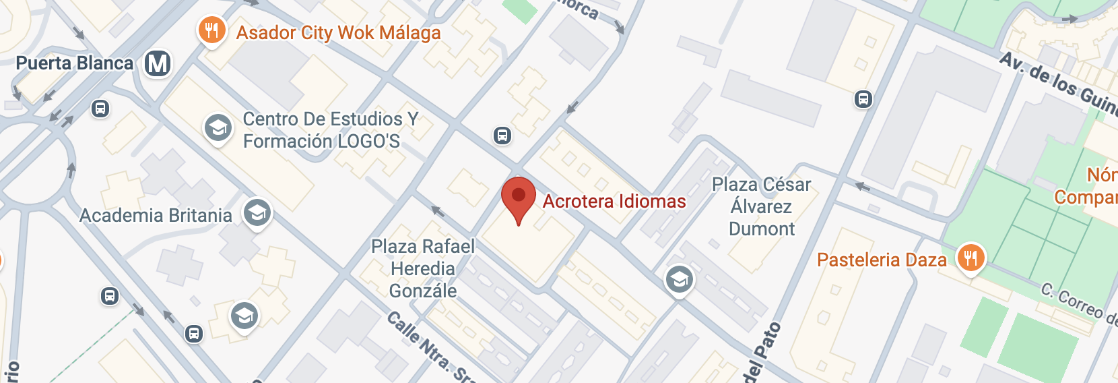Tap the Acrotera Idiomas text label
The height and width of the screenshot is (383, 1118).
[x=614, y=202]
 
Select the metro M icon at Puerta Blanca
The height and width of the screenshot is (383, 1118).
[x=158, y=64]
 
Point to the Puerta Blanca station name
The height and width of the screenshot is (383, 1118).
[x=75, y=63]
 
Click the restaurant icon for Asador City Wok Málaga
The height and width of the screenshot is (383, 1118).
[x=211, y=30]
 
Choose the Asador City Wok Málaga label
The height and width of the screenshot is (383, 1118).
[x=338, y=33]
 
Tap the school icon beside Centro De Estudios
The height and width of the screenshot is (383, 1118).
[x=218, y=126]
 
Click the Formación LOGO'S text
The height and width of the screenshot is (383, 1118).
[x=321, y=142]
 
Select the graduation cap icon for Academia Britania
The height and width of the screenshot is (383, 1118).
[x=257, y=213]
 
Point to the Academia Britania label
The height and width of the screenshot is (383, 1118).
[x=156, y=216]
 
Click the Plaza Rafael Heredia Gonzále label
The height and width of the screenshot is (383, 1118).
[x=423, y=268]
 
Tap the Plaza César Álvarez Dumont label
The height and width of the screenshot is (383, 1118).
[x=762, y=206]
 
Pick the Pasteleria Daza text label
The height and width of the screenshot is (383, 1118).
[x=882, y=260]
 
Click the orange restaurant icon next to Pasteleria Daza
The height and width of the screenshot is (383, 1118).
[x=971, y=258]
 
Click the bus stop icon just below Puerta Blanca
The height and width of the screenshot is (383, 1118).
[x=100, y=109]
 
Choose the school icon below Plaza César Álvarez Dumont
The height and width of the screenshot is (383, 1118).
[x=679, y=279]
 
